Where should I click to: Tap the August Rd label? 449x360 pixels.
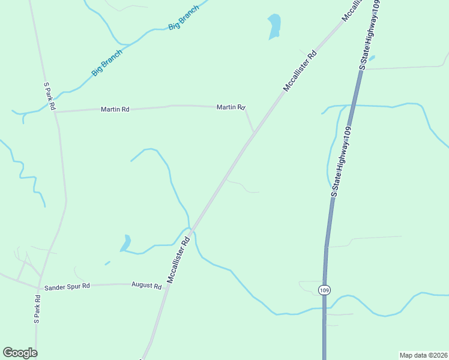(146, 286)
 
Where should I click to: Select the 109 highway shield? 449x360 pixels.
(324, 290)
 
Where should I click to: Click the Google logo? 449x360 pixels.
(20, 353)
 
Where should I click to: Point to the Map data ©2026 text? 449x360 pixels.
(423, 355)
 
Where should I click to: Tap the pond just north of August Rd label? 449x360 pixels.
(125, 243)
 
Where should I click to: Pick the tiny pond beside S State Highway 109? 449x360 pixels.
(372, 58)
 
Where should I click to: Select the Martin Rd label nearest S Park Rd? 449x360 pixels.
(115, 109)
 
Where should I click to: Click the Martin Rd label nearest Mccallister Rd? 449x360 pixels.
(231, 107)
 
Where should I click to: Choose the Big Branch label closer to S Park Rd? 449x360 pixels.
(107, 62)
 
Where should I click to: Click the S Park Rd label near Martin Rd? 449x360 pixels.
(49, 97)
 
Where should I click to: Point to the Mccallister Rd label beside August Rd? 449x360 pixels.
(179, 260)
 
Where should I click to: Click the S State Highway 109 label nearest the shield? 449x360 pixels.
(340, 160)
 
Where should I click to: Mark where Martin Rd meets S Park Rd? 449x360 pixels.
(55, 112)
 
